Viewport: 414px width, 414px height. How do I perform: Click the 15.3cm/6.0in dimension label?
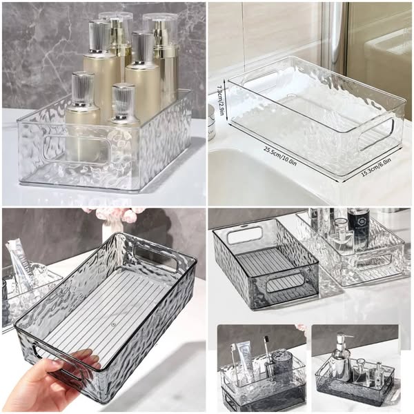(x=376, y=166)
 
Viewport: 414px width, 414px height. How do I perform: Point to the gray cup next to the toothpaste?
(x=282, y=366)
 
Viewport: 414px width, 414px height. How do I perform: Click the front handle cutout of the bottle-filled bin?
(x=76, y=148)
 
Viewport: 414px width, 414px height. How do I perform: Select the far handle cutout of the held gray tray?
(x=157, y=258)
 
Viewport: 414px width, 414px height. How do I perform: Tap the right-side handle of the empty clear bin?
(x=378, y=134)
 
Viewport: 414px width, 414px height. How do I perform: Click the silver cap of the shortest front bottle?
(x=124, y=101)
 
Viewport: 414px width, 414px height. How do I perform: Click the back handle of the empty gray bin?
(x=245, y=235)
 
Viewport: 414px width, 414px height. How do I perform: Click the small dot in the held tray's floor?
(x=114, y=323)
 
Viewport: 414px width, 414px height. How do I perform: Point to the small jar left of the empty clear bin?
(x=211, y=124)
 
